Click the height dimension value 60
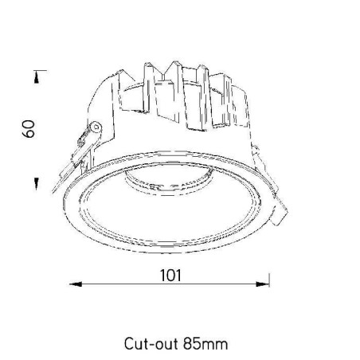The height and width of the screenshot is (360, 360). click(28, 129)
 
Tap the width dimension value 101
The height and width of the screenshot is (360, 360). click(170, 276)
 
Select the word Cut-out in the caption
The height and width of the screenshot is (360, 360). click(151, 344)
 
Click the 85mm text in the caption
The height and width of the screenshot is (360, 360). click(205, 344)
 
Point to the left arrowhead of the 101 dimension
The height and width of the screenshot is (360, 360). click(76, 284)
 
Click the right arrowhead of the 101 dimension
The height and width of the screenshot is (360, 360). click(262, 284)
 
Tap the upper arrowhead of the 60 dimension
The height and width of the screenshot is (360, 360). click(37, 78)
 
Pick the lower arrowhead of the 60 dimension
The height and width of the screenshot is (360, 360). click(37, 184)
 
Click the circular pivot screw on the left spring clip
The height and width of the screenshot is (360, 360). click(96, 127)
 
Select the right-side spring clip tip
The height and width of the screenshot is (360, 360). click(281, 213)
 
